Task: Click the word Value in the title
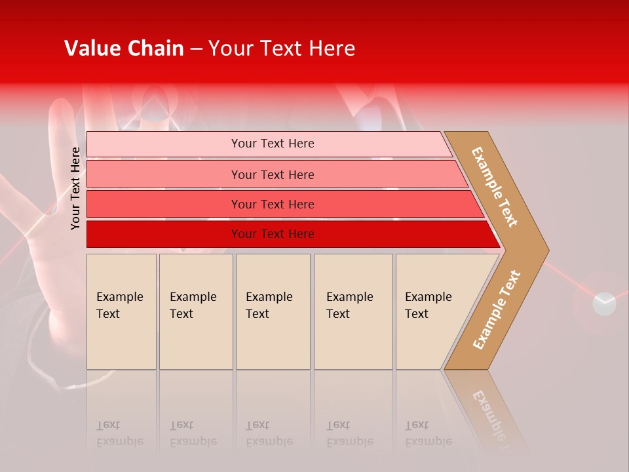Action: [91, 49]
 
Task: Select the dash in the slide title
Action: [196, 49]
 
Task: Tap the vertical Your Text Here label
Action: [75, 188]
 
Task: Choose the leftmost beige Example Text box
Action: [121, 311]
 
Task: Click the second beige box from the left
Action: [196, 311]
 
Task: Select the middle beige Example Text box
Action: [273, 311]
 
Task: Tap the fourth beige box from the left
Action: [353, 311]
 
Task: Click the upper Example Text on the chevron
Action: [495, 187]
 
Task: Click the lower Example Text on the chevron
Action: [497, 310]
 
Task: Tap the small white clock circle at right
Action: [604, 304]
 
